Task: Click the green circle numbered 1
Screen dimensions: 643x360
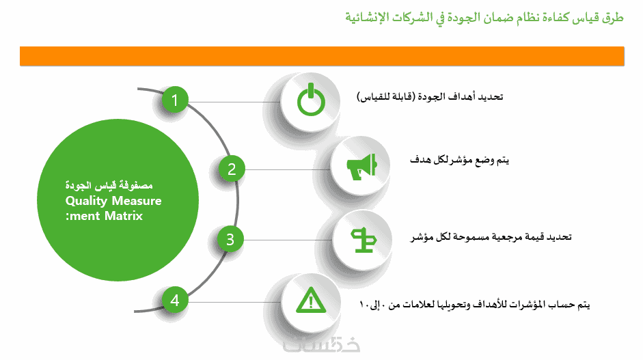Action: point(175,100)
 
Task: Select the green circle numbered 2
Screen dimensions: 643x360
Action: point(232,169)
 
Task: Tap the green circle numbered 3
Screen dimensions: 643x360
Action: point(230,240)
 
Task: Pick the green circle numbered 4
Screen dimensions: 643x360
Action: point(175,300)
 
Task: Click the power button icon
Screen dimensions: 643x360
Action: point(311,100)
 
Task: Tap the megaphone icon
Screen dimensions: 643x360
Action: point(361,167)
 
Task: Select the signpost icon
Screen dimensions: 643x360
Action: point(364,240)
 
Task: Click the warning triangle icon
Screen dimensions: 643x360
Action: point(311,300)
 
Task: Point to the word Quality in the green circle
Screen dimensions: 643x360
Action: point(86,201)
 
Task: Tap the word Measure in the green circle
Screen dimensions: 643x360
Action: point(137,201)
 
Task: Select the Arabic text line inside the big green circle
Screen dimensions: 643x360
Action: point(109,185)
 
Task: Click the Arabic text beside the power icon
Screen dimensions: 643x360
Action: point(430,96)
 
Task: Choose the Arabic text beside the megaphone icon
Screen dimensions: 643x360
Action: point(459,160)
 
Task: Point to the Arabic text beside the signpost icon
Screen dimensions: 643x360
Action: point(491,236)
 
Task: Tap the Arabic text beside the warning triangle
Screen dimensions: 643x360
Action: point(474,304)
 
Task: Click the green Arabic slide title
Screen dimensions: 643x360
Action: point(484,17)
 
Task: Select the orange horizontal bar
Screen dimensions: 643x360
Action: point(322,56)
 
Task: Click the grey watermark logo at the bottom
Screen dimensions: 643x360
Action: point(321,345)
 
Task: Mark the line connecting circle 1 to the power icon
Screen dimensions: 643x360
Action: point(234,102)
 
